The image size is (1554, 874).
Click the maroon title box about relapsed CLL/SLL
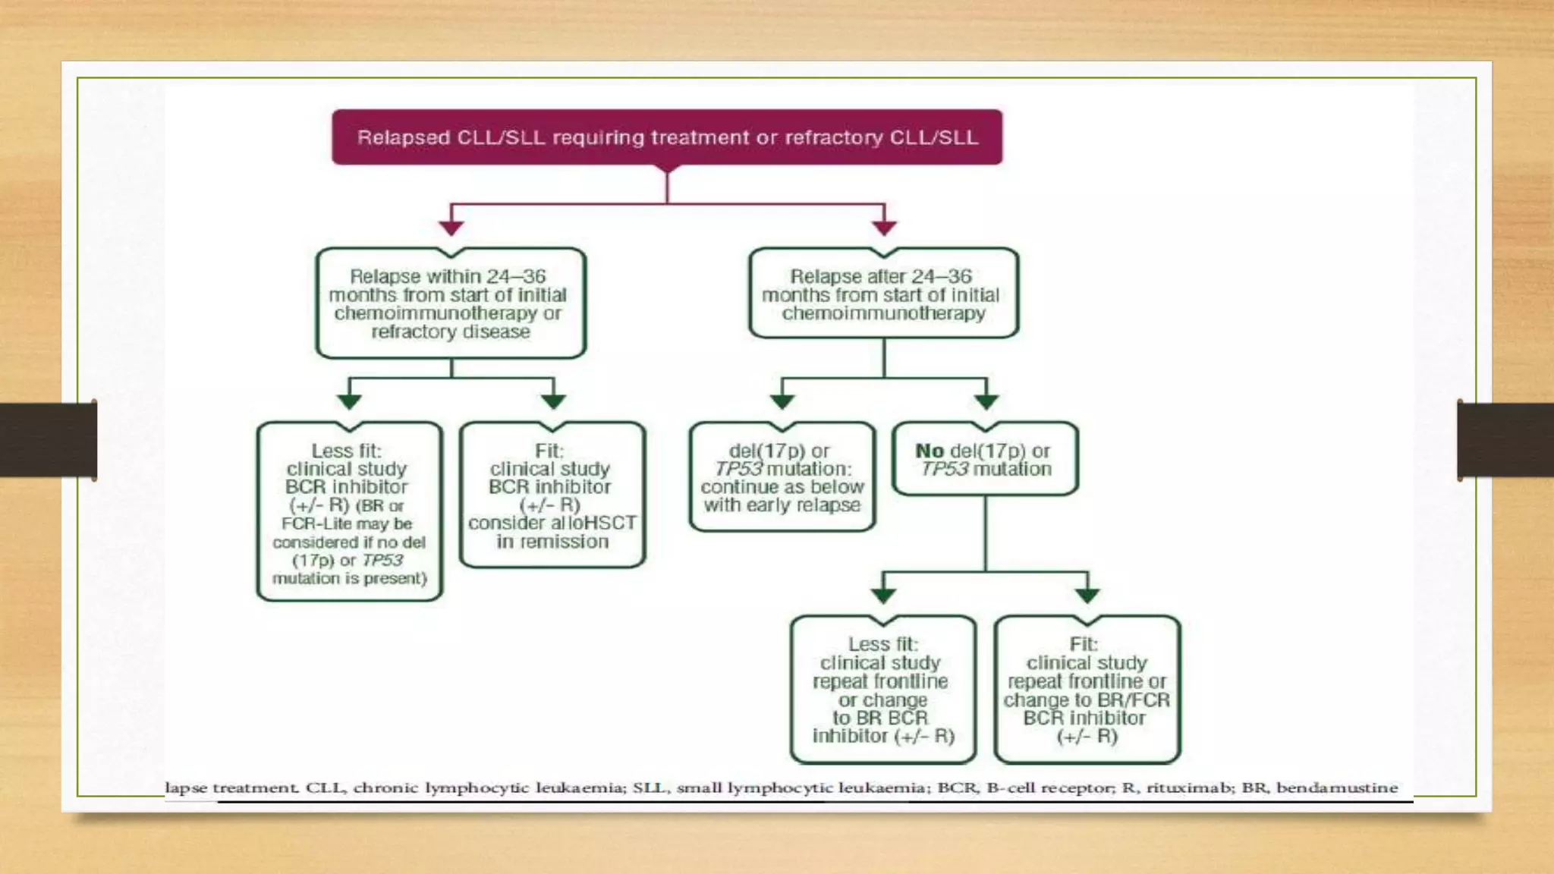(667, 137)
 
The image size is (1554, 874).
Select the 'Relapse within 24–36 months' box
(451, 303)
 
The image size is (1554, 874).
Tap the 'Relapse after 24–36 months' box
(883, 294)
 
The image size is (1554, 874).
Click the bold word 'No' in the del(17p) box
(930, 451)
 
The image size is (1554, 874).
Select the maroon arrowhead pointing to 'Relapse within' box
(451, 227)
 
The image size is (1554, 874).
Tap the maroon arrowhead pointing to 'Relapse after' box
(885, 227)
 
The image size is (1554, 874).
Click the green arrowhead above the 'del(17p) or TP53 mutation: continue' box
(782, 401)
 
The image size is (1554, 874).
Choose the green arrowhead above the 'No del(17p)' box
(986, 401)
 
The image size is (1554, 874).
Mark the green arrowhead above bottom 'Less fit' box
(883, 596)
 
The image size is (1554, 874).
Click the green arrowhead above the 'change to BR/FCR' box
(1087, 596)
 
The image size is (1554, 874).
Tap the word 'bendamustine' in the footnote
(1337, 788)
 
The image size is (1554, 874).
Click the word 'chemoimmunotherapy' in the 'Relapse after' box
(883, 313)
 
